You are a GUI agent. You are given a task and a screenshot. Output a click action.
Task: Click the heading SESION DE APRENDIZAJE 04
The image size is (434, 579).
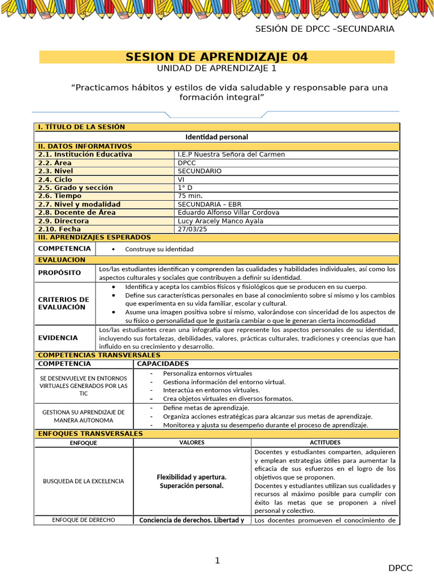pyautogui.click(x=216, y=57)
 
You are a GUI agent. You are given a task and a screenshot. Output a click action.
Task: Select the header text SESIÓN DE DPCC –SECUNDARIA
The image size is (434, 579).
pyautogui.click(x=324, y=29)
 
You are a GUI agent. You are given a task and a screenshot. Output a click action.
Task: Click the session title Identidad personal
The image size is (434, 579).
pyautogui.click(x=216, y=137)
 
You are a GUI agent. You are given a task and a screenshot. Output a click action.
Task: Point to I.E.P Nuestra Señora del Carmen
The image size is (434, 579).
pyautogui.click(x=231, y=154)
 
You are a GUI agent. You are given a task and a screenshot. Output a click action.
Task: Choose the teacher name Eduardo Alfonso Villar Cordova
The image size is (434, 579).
pyautogui.click(x=228, y=213)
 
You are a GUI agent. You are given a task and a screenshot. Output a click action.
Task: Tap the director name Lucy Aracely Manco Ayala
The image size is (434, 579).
pyautogui.click(x=220, y=221)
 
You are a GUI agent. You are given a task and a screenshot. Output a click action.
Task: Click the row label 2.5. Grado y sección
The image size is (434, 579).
pyautogui.click(x=75, y=188)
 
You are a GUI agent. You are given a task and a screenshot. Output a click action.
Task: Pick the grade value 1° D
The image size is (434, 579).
pyautogui.click(x=185, y=188)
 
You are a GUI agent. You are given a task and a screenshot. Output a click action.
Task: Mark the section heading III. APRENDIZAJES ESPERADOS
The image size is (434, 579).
pyautogui.click(x=94, y=237)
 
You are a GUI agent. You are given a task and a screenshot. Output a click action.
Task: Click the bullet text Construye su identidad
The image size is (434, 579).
pyautogui.click(x=159, y=249)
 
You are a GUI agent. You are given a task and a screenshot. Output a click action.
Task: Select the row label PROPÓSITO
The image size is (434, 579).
pyautogui.click(x=59, y=273)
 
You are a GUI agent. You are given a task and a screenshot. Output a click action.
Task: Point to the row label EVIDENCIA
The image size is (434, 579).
pyautogui.click(x=58, y=338)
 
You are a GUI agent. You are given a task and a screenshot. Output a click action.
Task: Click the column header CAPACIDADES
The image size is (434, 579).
pyautogui.click(x=163, y=364)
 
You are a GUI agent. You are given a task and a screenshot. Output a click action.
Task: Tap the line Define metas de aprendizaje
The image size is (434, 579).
pyautogui.click(x=206, y=408)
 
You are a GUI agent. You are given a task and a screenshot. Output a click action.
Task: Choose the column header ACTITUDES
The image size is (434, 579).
pyautogui.click(x=325, y=442)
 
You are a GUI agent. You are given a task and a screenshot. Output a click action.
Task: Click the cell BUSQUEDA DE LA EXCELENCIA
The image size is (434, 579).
pyautogui.click(x=83, y=481)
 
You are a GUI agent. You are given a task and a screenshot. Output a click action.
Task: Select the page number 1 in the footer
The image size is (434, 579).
pyautogui.click(x=217, y=560)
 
